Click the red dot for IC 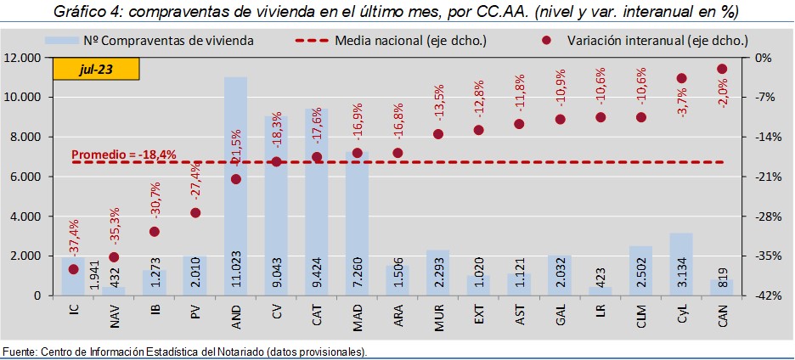coord(74,269)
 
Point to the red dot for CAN coord(722,69)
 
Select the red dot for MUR coord(438,134)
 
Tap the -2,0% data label coord(723,87)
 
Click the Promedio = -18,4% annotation coord(124,155)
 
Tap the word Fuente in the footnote coord(19,352)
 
